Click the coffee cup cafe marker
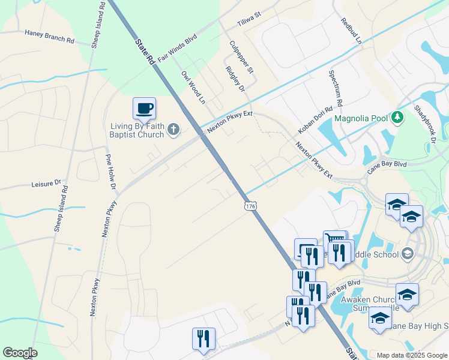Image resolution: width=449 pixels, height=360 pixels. pyautogui.click(x=144, y=109)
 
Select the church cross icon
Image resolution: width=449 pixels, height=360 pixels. pyautogui.click(x=173, y=129)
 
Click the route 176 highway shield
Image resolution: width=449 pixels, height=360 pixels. pyautogui.click(x=250, y=206)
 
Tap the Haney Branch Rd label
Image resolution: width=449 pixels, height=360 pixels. pyautogui.click(x=49, y=37)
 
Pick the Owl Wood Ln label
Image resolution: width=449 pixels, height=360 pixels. pyautogui.click(x=193, y=88)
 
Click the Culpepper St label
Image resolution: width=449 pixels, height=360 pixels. pyautogui.click(x=242, y=58)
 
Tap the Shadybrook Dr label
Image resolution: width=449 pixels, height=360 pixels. pyautogui.click(x=424, y=125)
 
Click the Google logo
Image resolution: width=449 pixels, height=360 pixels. pyautogui.click(x=20, y=353)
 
